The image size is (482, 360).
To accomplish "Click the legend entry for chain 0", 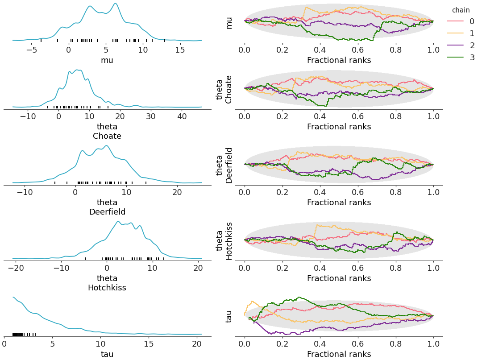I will coord(462,21).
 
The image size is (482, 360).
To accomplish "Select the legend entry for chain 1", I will coord(462,33).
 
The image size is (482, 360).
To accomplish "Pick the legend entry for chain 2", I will coord(462,46).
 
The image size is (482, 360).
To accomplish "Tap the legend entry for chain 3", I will coord(462,58).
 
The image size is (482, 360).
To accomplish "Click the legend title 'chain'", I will coord(461,10).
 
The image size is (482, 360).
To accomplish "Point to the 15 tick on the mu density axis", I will coord(180,50).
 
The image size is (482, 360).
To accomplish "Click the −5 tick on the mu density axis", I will coord(32,50).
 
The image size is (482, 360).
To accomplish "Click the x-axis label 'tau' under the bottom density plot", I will coord(107,354).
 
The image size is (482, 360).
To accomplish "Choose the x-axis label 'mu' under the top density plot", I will coord(107,60).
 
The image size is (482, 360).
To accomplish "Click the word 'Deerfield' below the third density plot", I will coord(107,212).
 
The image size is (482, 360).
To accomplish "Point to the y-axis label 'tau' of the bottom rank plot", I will coord(229,316).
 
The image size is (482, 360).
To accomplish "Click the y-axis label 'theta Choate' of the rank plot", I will coord(224,89).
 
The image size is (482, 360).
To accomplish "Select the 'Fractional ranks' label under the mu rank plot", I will coord(339,60).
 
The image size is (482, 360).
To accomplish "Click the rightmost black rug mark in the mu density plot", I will coord(165,41).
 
